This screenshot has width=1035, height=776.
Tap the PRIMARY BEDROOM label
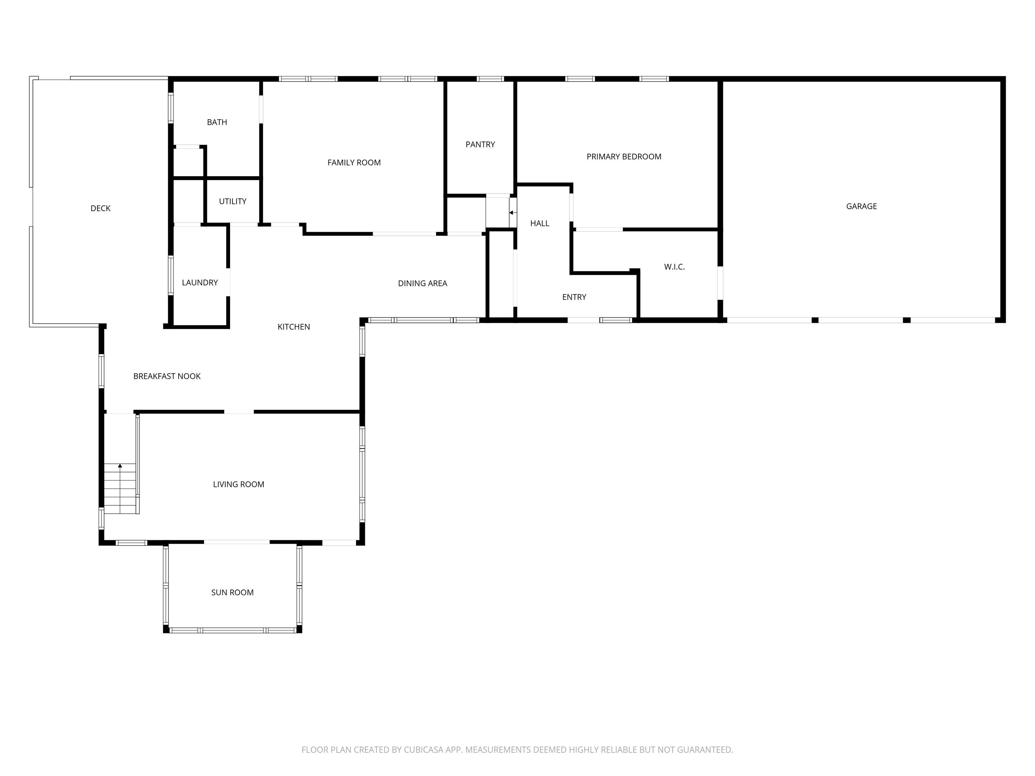tap(624, 157)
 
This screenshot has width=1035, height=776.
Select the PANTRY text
tap(480, 144)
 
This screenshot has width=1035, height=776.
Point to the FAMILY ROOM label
tap(354, 163)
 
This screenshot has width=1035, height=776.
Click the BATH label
tap(217, 122)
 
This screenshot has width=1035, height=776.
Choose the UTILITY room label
tap(232, 201)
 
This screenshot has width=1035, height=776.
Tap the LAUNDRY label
tap(200, 283)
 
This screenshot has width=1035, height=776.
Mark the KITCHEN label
tap(293, 327)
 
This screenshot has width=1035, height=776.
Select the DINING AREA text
tap(422, 284)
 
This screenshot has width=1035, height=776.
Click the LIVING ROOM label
tap(238, 485)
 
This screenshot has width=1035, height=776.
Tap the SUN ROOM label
tap(232, 593)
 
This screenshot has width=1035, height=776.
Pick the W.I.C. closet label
tap(674, 267)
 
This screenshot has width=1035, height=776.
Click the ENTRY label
tap(574, 297)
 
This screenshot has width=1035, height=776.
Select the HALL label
tap(539, 224)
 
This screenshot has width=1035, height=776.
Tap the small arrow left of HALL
tap(512, 213)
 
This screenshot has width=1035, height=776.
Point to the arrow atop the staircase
tap(120, 466)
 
